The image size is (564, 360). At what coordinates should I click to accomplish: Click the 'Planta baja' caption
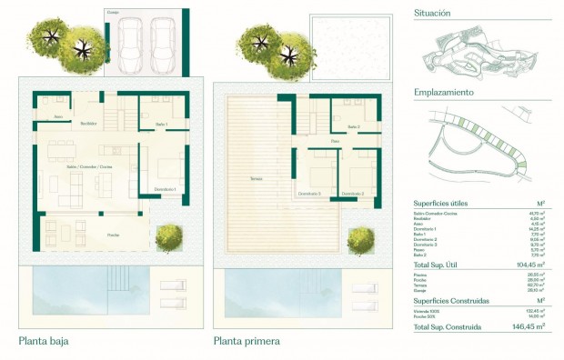click(44, 342)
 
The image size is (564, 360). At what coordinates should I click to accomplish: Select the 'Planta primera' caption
click(247, 342)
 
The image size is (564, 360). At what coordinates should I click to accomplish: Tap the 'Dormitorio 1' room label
click(165, 189)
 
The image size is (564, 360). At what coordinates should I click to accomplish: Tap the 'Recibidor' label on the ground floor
click(88, 123)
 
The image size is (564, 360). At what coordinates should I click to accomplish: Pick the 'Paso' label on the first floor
click(335, 142)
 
